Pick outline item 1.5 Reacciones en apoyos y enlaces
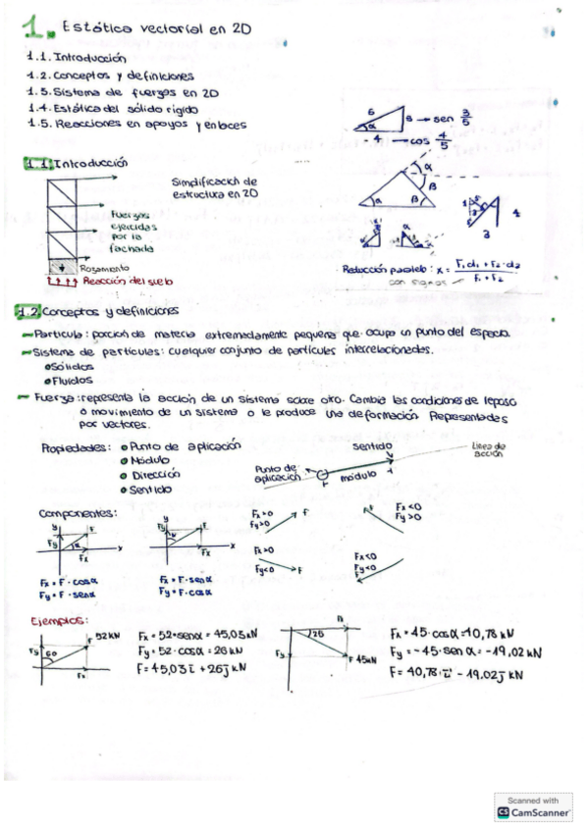pos(137,125)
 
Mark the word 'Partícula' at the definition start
pos(65,336)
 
